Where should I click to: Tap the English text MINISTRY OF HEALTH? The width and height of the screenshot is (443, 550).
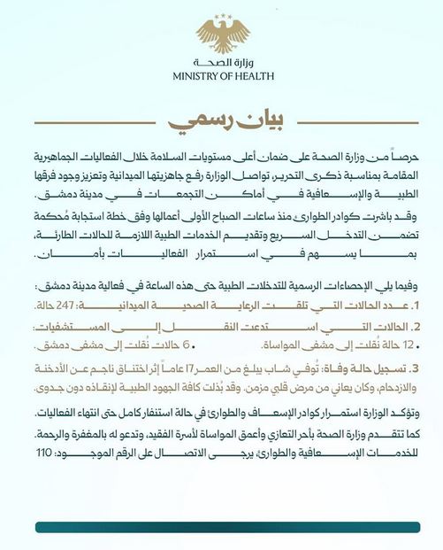pos(222,77)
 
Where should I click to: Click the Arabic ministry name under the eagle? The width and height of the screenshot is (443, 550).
pos(223,63)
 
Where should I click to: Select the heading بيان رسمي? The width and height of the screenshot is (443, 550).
pos(222,116)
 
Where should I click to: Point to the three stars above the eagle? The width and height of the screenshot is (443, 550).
pos(223,16)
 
